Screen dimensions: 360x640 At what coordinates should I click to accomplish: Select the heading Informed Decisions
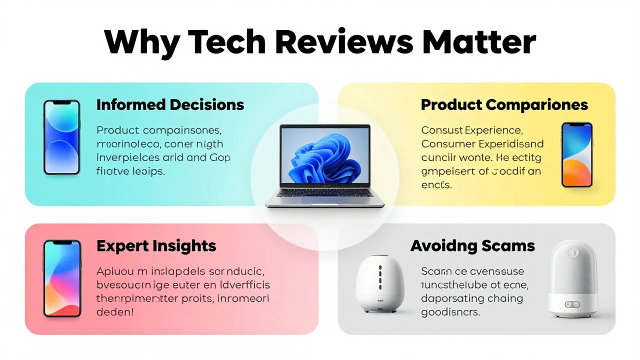click(170, 105)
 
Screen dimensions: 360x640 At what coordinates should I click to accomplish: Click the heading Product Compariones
click(504, 105)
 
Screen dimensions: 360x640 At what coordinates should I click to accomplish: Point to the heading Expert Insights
click(156, 246)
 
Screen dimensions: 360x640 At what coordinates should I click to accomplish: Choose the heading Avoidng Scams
click(472, 246)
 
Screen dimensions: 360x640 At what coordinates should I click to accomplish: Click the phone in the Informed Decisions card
click(61, 137)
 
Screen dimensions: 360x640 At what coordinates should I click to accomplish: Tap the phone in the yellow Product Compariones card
click(576, 155)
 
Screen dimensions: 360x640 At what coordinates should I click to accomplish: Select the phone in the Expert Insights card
click(61, 278)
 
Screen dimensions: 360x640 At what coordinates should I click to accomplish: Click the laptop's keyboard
click(325, 192)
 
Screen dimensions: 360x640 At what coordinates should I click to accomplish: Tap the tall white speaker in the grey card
click(573, 277)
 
